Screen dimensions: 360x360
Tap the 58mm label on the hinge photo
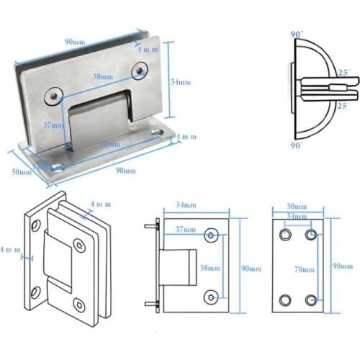click(102, 76)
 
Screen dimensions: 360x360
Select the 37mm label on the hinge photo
click(53, 125)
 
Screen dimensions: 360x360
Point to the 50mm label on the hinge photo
click(22, 171)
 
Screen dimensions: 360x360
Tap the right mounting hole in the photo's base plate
click(156, 132)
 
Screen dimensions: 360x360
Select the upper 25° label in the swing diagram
click(343, 73)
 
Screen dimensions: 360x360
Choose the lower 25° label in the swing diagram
click(343, 106)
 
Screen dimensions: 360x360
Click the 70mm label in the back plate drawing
click(305, 269)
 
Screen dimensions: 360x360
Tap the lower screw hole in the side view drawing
click(211, 296)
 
